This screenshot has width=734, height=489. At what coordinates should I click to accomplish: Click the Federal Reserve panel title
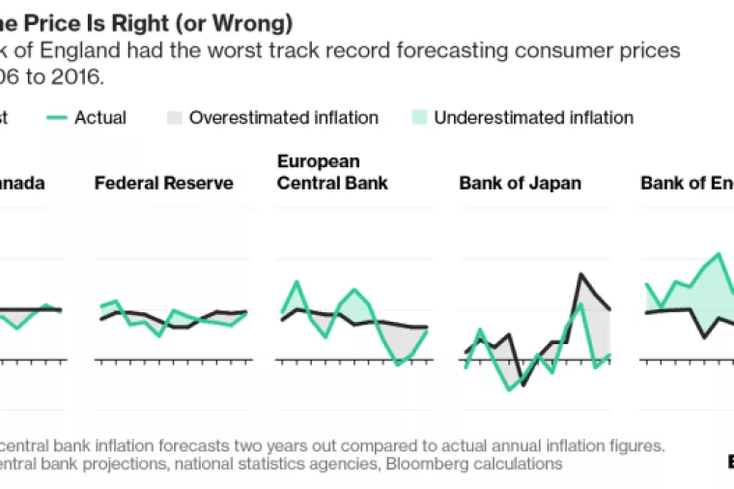pyautogui.click(x=163, y=183)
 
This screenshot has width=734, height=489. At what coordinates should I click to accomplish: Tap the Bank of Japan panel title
pyautogui.click(x=520, y=183)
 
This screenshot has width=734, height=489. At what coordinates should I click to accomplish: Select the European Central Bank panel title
pyautogui.click(x=332, y=172)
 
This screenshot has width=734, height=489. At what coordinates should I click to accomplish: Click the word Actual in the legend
pyautogui.click(x=100, y=118)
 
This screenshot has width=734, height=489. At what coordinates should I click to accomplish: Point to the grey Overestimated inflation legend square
pyautogui.click(x=173, y=118)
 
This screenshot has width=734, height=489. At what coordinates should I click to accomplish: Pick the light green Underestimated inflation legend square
pyautogui.click(x=418, y=118)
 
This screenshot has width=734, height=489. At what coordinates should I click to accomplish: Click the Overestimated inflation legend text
pyautogui.click(x=284, y=118)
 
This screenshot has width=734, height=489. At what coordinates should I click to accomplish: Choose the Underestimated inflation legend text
pyautogui.click(x=534, y=118)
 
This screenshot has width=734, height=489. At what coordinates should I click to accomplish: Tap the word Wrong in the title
pyautogui.click(x=255, y=22)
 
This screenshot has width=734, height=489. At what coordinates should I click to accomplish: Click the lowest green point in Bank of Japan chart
pyautogui.click(x=510, y=389)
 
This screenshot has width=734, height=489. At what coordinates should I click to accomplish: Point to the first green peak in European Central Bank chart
pyautogui.click(x=296, y=282)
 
